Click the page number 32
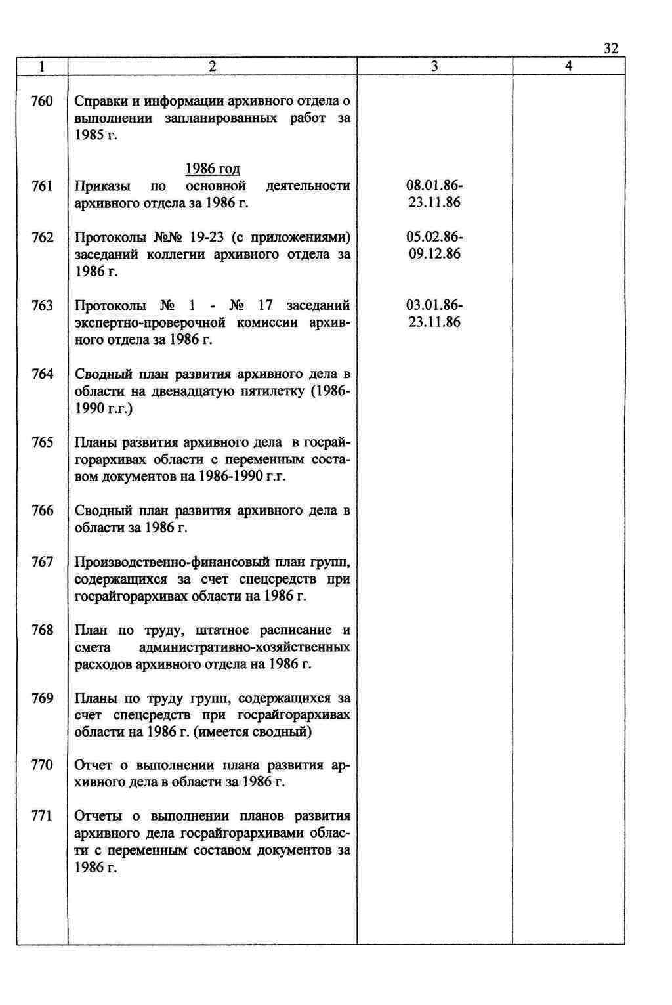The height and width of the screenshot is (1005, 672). click(610, 49)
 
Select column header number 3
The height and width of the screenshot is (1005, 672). click(434, 66)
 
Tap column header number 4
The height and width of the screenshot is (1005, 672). click(568, 66)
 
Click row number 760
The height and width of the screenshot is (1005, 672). click(43, 102)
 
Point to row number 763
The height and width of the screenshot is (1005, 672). click(43, 305)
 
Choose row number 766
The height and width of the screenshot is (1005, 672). click(43, 511)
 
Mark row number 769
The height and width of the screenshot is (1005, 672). click(43, 698)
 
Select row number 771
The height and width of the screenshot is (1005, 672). click(43, 816)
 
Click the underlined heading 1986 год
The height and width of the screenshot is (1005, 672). click(213, 169)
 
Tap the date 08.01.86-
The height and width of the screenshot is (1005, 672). click(434, 186)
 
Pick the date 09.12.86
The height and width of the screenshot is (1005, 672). click(434, 254)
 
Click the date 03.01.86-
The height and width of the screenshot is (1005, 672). click(434, 305)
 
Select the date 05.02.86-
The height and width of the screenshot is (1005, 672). click(434, 237)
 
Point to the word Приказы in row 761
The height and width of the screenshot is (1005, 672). click(102, 186)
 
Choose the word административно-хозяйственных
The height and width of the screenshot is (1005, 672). click(245, 648)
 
